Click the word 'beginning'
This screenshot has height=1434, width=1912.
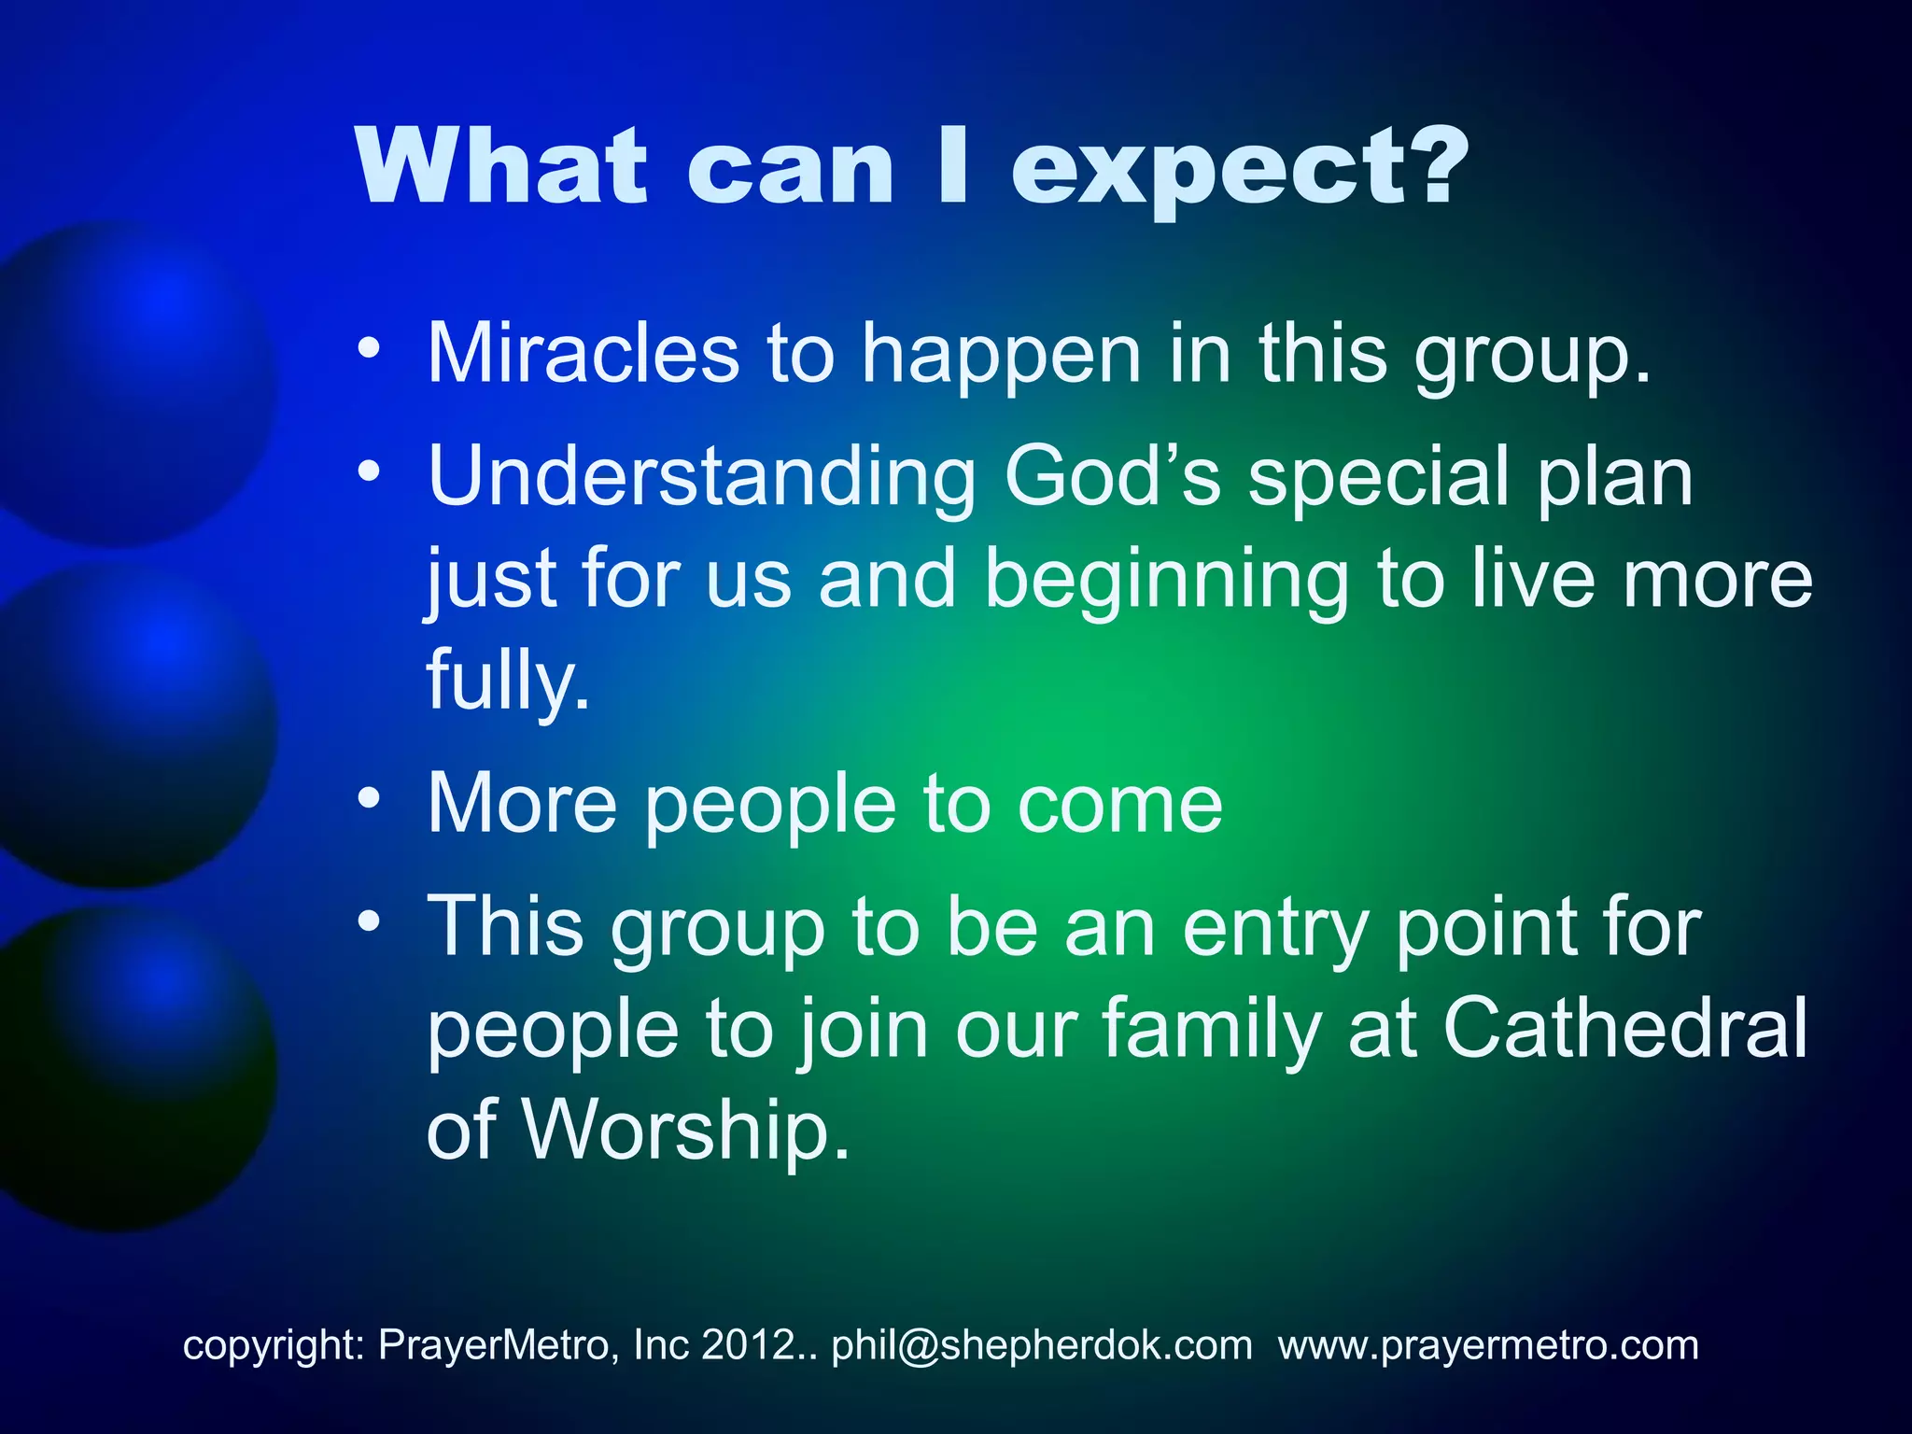[x=1167, y=581]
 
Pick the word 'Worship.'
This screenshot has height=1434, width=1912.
[x=685, y=1130]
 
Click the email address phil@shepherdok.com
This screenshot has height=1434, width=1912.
[x=1042, y=1345]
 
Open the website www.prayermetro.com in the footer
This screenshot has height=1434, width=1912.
[x=1488, y=1345]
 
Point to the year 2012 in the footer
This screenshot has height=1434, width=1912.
[x=746, y=1345]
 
